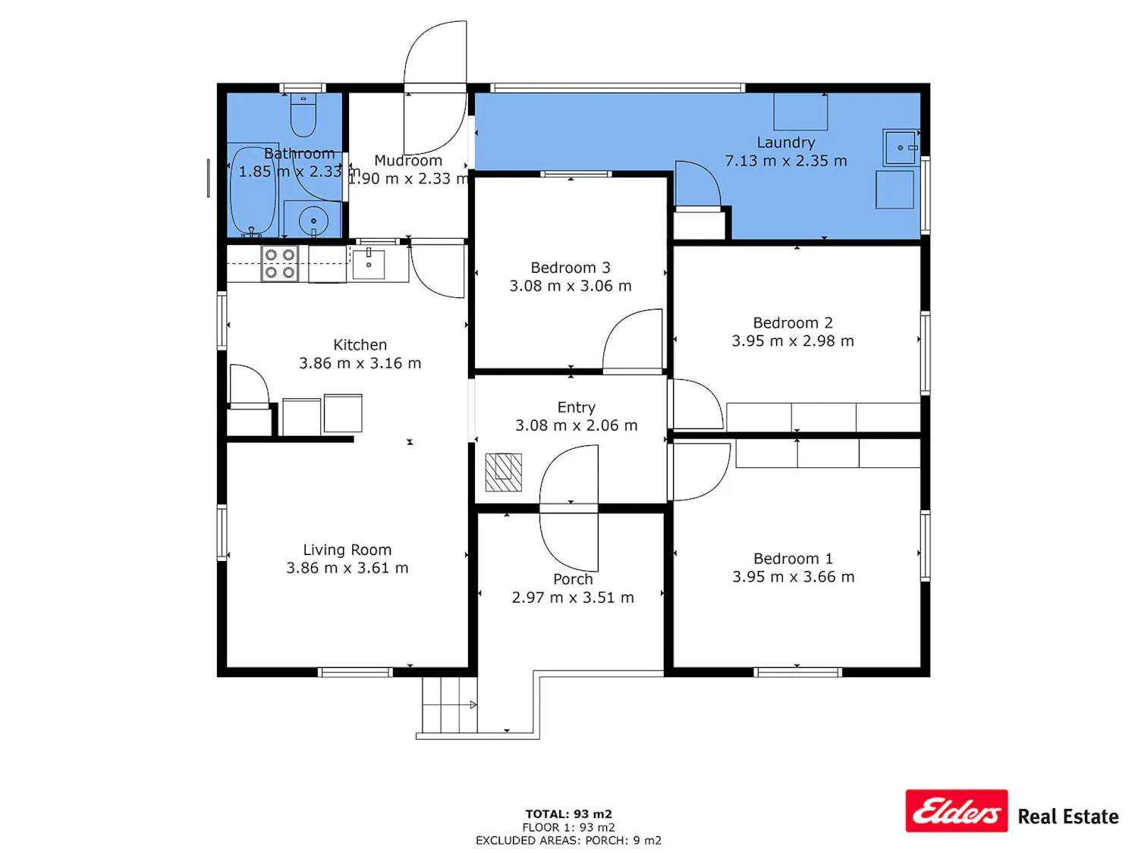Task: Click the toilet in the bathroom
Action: (x=303, y=114)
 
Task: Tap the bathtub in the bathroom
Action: (x=253, y=191)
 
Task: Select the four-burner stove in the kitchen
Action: (x=280, y=264)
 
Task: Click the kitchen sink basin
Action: (x=368, y=264)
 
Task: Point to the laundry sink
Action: (x=901, y=148)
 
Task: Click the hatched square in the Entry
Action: (x=503, y=472)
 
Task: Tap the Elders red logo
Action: (x=957, y=811)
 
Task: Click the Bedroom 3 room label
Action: (x=571, y=268)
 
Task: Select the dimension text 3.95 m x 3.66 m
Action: (x=794, y=577)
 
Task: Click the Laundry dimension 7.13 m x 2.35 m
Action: (x=786, y=161)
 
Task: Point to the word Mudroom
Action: (x=408, y=161)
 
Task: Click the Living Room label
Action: (x=347, y=550)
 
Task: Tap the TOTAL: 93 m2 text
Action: (x=569, y=814)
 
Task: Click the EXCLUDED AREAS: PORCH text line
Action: (x=569, y=841)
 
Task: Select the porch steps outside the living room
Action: (x=449, y=705)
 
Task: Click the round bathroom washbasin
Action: (x=313, y=221)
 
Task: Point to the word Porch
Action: (x=572, y=579)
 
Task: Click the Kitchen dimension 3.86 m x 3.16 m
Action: (x=360, y=363)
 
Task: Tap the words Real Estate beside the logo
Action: (x=1068, y=817)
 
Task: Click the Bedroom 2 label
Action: (x=793, y=323)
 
